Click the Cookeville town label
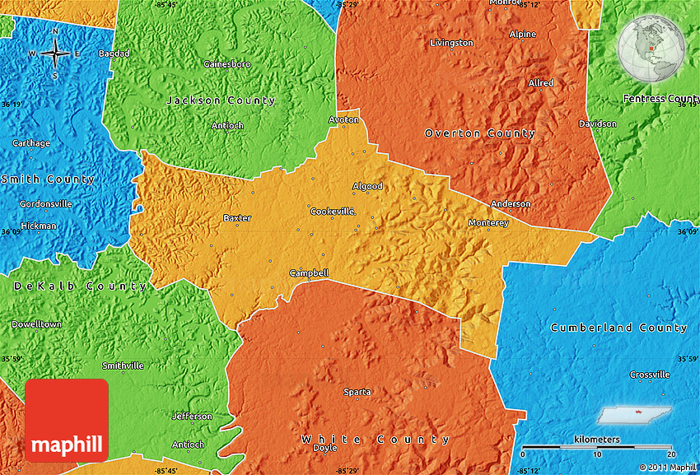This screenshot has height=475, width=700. click(x=332, y=212)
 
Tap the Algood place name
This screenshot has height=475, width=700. click(x=367, y=186)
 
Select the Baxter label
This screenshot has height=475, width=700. click(x=237, y=218)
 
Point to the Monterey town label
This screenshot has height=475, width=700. click(x=488, y=223)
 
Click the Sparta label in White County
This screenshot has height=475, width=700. click(x=357, y=392)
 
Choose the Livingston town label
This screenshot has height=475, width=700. click(x=452, y=43)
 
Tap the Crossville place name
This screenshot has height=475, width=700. click(x=650, y=375)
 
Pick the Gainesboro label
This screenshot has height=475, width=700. click(x=227, y=64)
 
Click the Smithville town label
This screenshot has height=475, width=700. click(x=123, y=366)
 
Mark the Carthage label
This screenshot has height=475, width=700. click(x=30, y=143)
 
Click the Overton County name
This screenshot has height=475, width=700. click(x=479, y=133)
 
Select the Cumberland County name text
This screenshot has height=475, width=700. click(x=618, y=328)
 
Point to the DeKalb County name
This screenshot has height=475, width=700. click(x=80, y=286)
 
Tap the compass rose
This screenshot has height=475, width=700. click(x=55, y=54)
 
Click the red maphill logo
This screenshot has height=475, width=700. click(x=67, y=420)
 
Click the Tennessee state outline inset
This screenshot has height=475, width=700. click(x=637, y=415)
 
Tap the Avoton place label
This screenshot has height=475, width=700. click(x=344, y=119)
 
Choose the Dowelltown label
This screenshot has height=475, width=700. click(x=36, y=324)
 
